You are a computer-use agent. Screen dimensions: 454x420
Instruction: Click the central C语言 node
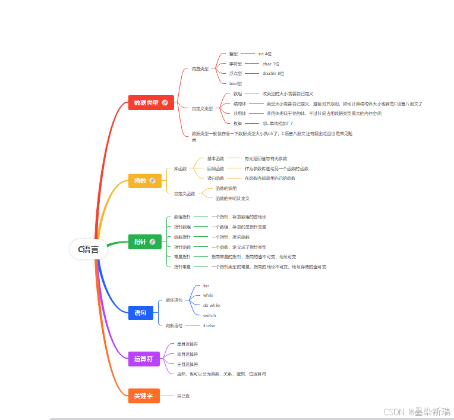coord(88,249)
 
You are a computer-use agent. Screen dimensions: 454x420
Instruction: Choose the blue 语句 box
coord(141,312)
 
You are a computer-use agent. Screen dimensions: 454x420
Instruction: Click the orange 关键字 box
coord(144,396)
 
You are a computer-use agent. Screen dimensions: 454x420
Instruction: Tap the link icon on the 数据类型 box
coord(165,102)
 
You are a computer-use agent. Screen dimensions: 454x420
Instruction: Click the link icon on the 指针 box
coord(153,242)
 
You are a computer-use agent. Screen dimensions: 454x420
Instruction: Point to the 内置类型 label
coord(200,69)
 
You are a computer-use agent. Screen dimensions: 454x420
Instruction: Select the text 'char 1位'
coord(271,64)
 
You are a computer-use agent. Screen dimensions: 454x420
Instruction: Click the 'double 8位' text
coord(273,74)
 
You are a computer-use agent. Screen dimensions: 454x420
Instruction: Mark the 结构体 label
coord(239,104)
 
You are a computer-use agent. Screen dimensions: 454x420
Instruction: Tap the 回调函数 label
coord(216,168)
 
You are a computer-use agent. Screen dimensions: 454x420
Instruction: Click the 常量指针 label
coord(182,257)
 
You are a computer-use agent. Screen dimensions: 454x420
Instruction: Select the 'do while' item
coord(212,305)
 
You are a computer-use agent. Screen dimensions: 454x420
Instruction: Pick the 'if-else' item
coord(209,325)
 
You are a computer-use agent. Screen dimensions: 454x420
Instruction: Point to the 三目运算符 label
coord(187,364)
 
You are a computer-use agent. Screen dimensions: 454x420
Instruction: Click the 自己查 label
coord(183,396)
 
